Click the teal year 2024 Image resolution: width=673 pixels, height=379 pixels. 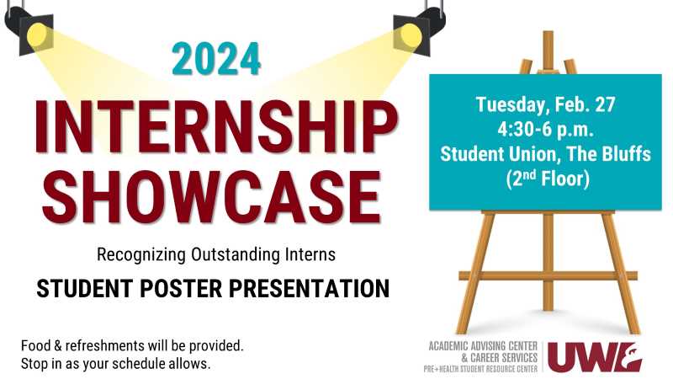point(216,59)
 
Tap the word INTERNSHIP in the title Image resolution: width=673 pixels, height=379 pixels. point(216,127)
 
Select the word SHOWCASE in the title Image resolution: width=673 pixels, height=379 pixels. point(212,197)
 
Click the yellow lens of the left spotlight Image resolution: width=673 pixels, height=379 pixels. point(37,35)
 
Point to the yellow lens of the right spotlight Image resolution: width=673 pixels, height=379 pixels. point(408,35)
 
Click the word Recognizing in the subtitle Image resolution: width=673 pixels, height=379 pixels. point(141,254)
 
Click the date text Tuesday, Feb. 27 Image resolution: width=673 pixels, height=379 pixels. point(545,104)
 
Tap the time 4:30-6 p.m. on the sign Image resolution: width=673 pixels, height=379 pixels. point(545,130)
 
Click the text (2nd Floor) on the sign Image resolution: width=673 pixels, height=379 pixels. point(548,179)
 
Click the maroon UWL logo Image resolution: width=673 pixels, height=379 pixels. point(595,357)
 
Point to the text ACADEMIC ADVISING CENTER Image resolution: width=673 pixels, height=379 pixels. point(483,346)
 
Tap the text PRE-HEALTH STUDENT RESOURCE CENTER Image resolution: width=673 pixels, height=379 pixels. point(480,369)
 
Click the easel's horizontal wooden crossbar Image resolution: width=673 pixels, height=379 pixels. point(548,276)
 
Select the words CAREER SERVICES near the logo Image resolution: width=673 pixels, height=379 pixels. point(504,357)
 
